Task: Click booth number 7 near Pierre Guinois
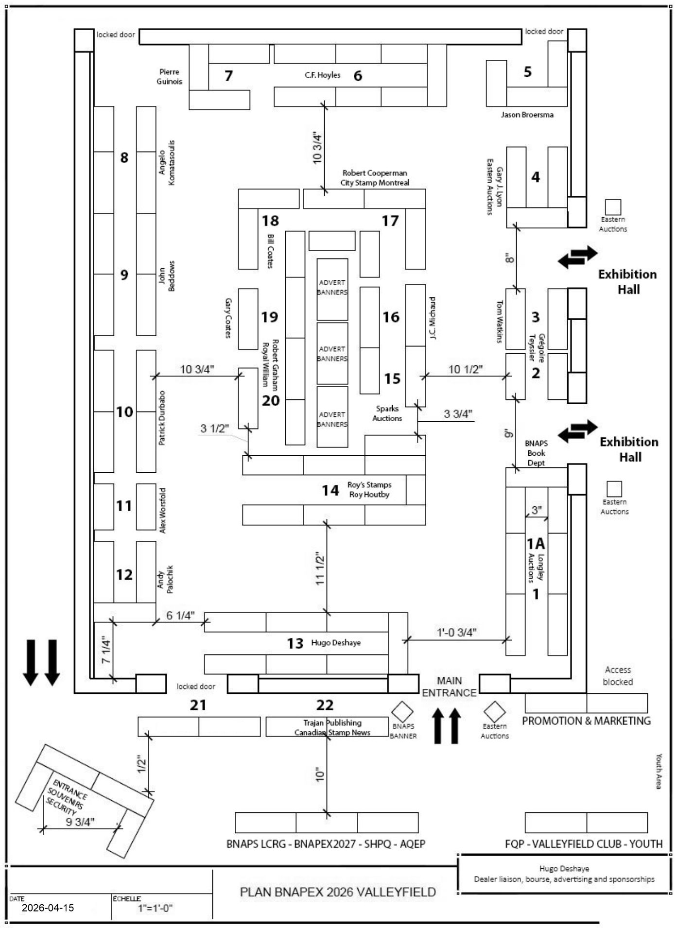[x=228, y=76]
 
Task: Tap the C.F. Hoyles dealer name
[x=322, y=75]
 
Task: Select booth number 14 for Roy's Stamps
[x=330, y=490]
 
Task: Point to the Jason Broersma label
[x=527, y=115]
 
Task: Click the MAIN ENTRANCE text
[x=449, y=687]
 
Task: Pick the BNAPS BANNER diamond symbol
[x=402, y=712]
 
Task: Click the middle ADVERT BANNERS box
[x=332, y=354]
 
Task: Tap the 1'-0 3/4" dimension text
[x=456, y=633]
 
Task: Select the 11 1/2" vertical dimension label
[x=320, y=568]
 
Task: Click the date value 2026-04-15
[x=48, y=908]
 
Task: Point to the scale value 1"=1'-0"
[x=156, y=908]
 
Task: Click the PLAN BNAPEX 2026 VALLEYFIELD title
[x=338, y=892]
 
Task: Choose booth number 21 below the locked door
[x=198, y=705]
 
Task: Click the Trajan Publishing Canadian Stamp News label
[x=332, y=727]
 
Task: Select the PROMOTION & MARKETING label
[x=586, y=721]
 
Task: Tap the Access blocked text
[x=617, y=676]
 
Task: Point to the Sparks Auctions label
[x=387, y=413]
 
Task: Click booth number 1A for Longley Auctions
[x=536, y=543]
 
